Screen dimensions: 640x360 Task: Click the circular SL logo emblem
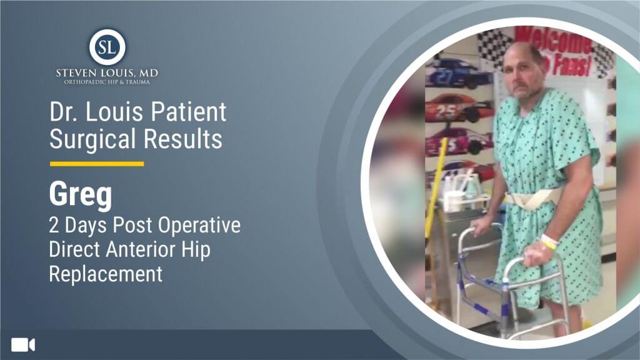(107, 46)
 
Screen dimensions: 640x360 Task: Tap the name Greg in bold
(81, 194)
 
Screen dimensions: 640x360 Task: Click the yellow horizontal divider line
(97, 164)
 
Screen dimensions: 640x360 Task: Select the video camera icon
(23, 345)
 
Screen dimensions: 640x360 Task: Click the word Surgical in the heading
(92, 139)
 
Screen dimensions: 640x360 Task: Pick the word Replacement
(106, 274)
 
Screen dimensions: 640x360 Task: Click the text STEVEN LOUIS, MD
(107, 74)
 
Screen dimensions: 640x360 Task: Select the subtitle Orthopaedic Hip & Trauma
(107, 82)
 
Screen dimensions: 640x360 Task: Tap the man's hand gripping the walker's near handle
(535, 255)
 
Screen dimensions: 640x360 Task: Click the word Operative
(199, 225)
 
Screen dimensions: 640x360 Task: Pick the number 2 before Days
(54, 225)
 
